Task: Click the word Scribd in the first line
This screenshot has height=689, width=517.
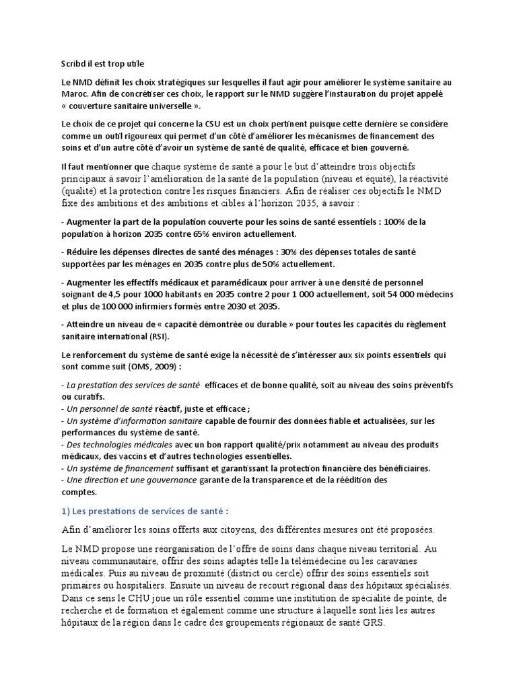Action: coord(73,63)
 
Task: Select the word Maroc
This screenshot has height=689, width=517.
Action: coord(74,94)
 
